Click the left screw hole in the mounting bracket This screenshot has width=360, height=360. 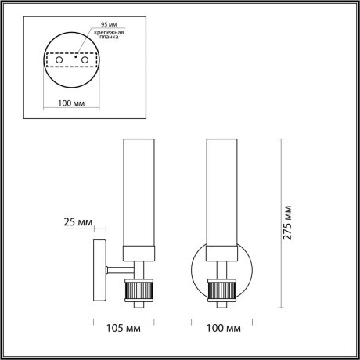click(58, 60)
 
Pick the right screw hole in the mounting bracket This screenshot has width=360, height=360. click(86, 60)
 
